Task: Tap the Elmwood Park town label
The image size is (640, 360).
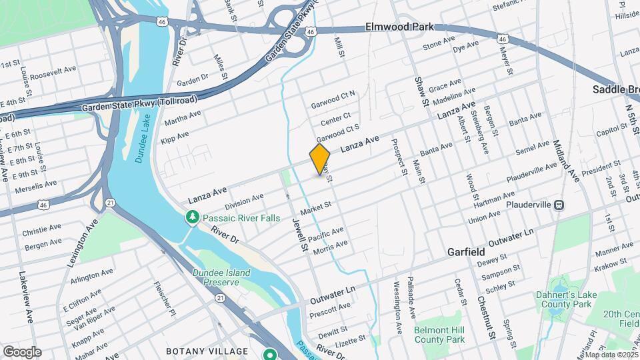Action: click(x=399, y=27)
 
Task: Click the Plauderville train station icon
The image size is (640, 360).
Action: click(x=559, y=205)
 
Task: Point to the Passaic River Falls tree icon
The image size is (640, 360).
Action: click(x=193, y=217)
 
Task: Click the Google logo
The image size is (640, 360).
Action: click(x=22, y=351)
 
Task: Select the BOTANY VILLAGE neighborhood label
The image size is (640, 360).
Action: click(x=207, y=351)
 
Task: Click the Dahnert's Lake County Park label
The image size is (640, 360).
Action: click(x=564, y=299)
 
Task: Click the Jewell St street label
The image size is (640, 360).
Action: click(x=298, y=233)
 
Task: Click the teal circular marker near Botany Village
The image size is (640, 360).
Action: click(x=270, y=354)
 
